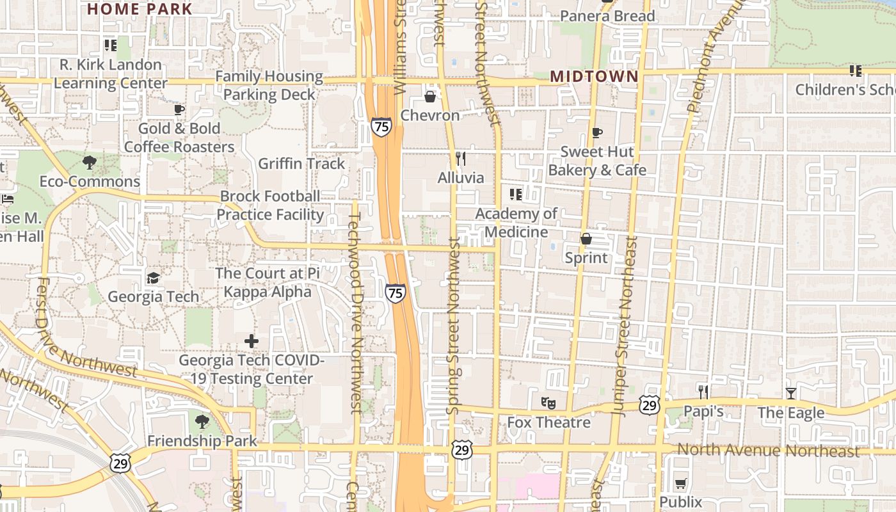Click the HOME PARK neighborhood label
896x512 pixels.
point(140,9)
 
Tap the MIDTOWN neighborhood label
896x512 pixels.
point(594,76)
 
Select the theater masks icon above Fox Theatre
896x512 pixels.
point(548,403)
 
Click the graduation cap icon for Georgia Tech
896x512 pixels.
point(153,278)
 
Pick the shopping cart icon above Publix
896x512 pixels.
point(680,483)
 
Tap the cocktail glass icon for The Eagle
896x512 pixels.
point(791,393)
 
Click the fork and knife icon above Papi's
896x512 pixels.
point(703,392)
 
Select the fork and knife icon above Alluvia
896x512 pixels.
point(460,158)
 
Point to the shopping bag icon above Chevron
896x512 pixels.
point(430,97)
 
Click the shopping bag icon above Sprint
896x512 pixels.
point(586,239)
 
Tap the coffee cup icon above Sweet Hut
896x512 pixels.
point(596,132)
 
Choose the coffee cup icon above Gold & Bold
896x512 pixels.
point(179,109)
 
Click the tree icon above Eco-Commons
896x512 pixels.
point(90,163)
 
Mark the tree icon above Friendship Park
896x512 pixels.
point(202,421)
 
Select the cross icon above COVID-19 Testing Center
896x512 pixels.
point(252,340)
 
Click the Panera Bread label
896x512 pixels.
point(607,16)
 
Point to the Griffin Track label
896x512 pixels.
point(301,164)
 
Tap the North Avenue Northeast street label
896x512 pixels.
point(768,450)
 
